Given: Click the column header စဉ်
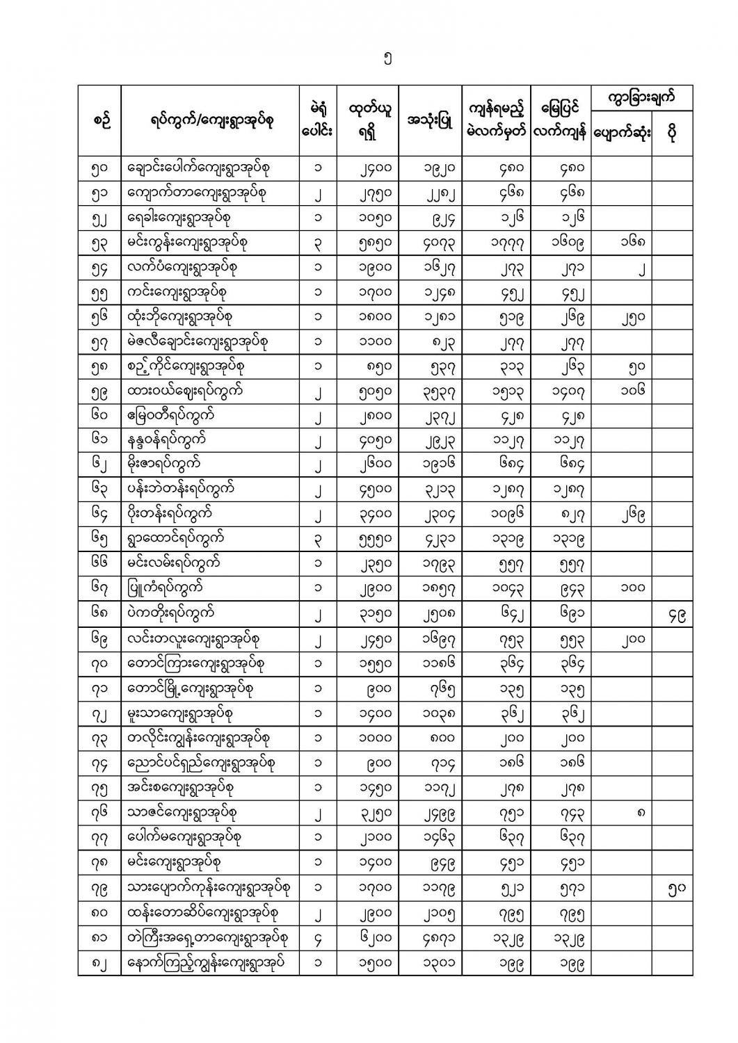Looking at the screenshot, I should click(99, 121).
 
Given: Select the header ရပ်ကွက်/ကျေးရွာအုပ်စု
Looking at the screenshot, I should click(211, 121).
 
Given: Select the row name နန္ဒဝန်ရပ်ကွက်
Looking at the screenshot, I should click(168, 440).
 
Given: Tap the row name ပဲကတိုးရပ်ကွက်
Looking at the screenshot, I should click(171, 613).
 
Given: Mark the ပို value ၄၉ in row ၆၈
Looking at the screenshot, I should click(673, 614).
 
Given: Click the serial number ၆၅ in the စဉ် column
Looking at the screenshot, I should click(99, 539).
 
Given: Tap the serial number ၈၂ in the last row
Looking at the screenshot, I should click(99, 962).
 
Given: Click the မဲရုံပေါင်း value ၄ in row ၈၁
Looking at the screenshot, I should click(318, 937).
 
